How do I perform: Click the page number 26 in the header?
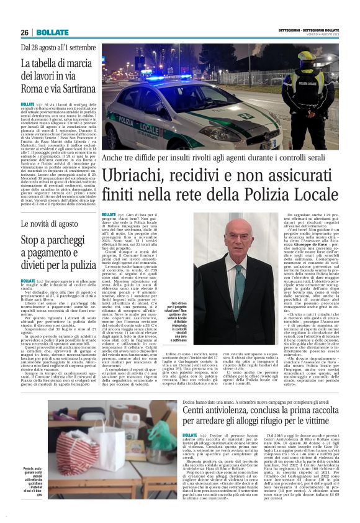tap(25, 32)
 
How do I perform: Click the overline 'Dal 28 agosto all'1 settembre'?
tap(58, 47)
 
